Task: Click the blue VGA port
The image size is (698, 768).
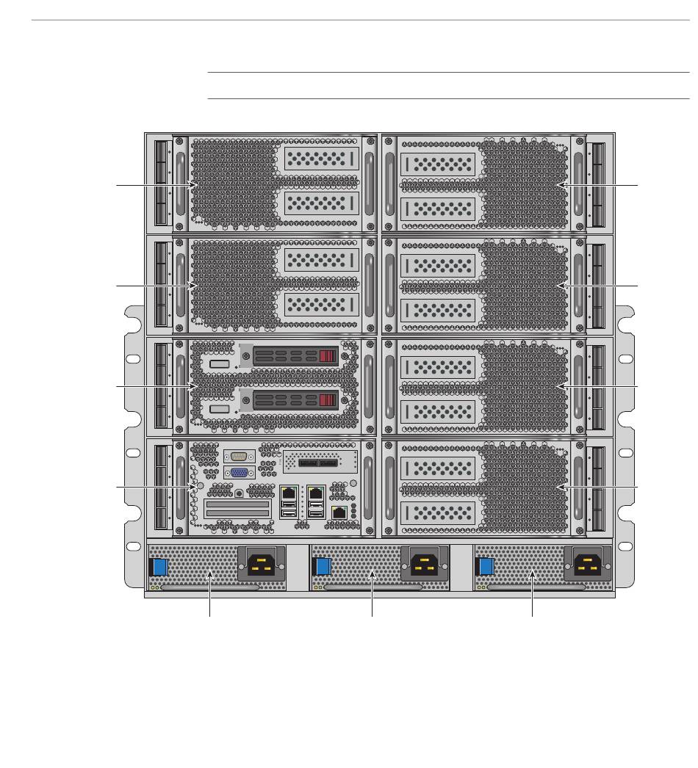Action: pyautogui.click(x=239, y=474)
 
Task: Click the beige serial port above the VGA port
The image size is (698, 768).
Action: pyautogui.click(x=239, y=456)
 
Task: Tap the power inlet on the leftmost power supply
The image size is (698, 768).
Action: pyautogui.click(x=262, y=565)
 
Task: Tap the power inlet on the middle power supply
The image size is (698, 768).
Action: pyautogui.click(x=425, y=565)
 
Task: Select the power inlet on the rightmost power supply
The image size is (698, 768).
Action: pyautogui.click(x=589, y=565)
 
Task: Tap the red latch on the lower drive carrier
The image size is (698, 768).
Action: pyautogui.click(x=328, y=401)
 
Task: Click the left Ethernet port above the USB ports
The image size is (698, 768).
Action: pyautogui.click(x=289, y=493)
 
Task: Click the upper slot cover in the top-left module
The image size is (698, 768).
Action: pyautogui.click(x=322, y=158)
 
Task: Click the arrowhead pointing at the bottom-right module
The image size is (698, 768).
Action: pyautogui.click(x=559, y=488)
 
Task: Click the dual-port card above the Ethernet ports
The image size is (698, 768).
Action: pyautogui.click(x=320, y=463)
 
